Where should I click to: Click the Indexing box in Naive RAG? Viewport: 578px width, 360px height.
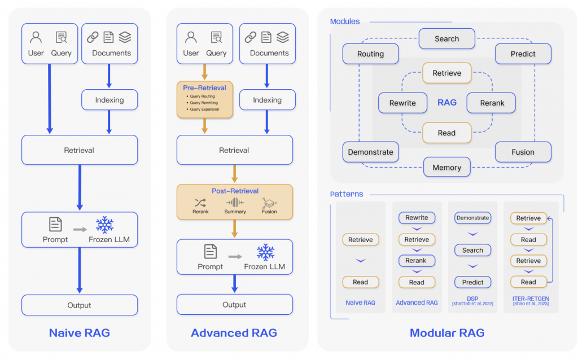pos(110,100)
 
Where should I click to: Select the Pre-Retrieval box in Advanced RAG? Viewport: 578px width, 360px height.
pos(204,99)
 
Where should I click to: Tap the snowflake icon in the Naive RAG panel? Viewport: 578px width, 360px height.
pos(104,225)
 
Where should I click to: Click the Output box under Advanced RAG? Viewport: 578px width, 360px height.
pos(234,305)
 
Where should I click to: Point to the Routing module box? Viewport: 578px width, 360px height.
pos(370,54)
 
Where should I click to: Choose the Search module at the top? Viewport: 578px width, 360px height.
pos(446,39)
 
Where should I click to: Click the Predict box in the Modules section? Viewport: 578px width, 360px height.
pos(523,54)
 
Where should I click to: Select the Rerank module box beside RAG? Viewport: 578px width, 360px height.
pos(491,103)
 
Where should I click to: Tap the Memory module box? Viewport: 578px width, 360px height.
pos(446,167)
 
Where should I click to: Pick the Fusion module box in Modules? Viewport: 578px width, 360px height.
pos(523,152)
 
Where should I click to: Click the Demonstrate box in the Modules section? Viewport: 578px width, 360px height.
pos(370,152)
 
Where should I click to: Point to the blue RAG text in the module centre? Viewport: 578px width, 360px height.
pos(447,103)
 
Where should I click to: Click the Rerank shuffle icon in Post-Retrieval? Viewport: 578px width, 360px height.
pos(200,203)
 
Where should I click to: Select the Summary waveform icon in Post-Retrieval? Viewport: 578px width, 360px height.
pos(235,203)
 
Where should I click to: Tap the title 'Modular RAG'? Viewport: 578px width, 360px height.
pos(446,333)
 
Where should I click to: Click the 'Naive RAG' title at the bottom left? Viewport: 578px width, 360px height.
pos(80,333)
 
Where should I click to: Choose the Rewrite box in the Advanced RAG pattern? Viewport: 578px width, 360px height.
pos(417,218)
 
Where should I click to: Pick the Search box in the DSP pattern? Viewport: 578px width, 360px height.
pos(472,250)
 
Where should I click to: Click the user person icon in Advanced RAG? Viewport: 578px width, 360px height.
pos(191,38)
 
